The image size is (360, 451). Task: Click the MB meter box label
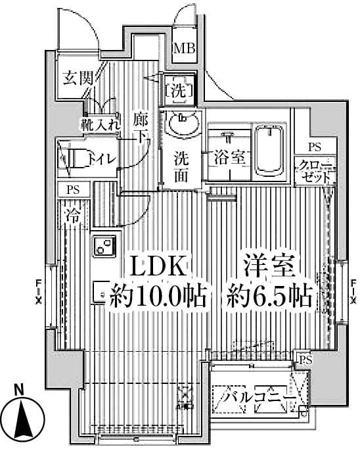pyautogui.click(x=183, y=47)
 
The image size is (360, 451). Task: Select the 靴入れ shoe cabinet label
pyautogui.click(x=101, y=123)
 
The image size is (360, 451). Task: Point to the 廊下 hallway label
pyautogui.click(x=140, y=128)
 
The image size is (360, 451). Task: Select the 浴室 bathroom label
pyautogui.click(x=229, y=158)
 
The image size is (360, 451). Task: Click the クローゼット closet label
pyautogui.click(x=315, y=170)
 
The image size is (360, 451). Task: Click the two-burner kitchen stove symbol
pyautogui.click(x=104, y=246)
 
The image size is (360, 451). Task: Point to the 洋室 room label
pyautogui.click(x=271, y=267)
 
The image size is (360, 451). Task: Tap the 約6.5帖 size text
pyautogui.click(x=269, y=297)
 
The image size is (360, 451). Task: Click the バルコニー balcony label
pyautogui.click(x=257, y=398)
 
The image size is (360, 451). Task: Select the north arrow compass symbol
pyautogui.click(x=25, y=416)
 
